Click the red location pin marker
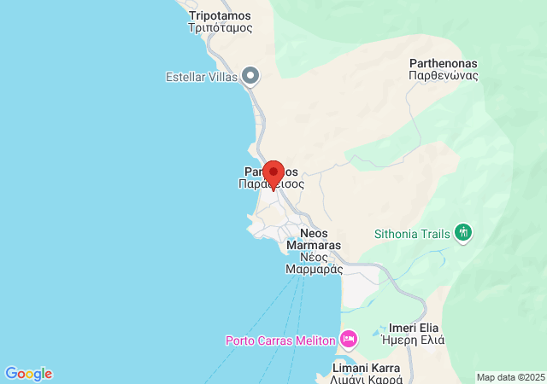(273, 173)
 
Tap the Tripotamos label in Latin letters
(221, 15)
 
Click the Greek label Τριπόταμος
(221, 27)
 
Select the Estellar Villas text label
(201, 76)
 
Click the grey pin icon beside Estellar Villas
(250, 76)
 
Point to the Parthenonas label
(444, 63)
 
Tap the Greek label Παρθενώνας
(444, 75)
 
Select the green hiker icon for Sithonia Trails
(463, 231)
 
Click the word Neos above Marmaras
(315, 233)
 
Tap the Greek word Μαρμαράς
(315, 269)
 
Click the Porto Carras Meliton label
(279, 340)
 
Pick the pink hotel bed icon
(348, 339)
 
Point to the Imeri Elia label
(415, 328)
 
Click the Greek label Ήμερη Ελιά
(415, 340)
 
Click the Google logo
(28, 374)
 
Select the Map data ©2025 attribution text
(510, 377)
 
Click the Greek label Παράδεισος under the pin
(272, 183)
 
